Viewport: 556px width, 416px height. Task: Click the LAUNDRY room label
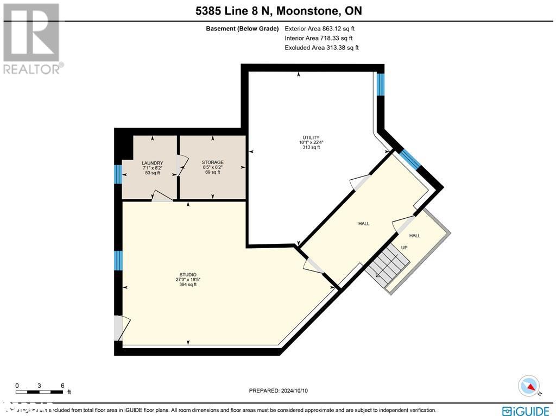click(152, 163)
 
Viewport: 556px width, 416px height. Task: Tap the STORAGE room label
click(212, 162)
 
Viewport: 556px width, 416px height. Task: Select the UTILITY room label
click(311, 137)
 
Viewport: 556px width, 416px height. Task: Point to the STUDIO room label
click(187, 275)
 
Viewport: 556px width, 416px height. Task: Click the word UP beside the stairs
click(404, 248)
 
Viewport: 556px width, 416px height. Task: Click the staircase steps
click(388, 264)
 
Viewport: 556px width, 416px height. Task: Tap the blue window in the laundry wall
click(117, 174)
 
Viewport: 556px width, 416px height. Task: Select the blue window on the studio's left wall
click(117, 260)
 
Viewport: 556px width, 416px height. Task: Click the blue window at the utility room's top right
click(381, 84)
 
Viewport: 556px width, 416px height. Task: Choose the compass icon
click(529, 386)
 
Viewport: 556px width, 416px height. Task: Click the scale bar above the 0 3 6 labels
click(40, 391)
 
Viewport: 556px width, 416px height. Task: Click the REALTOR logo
click(31, 38)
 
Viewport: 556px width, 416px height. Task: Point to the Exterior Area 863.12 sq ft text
click(320, 29)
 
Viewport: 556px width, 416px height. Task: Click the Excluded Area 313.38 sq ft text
click(321, 48)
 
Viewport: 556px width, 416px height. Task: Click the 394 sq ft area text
click(187, 285)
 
